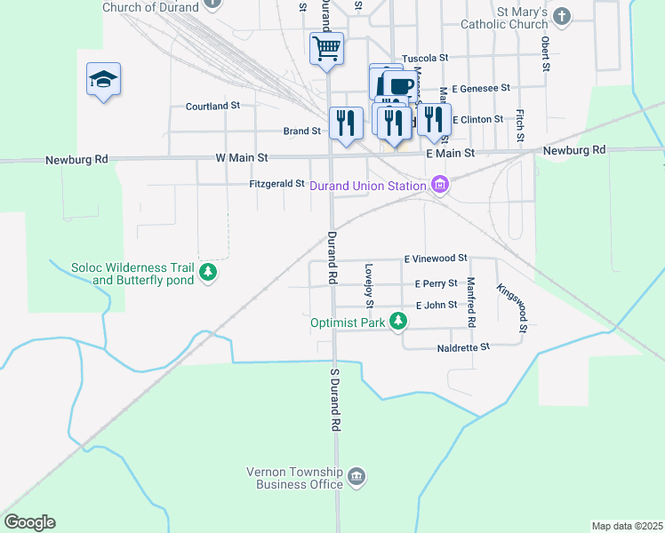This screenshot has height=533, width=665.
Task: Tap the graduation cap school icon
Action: coord(104,80)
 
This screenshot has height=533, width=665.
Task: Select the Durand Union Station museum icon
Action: coord(438,185)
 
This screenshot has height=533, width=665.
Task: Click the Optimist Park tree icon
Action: coord(401,322)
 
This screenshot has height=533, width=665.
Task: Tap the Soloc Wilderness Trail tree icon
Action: coord(208,272)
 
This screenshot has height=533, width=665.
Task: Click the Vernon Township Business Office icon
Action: coord(356,478)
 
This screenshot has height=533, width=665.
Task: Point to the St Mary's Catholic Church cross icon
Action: coord(562,16)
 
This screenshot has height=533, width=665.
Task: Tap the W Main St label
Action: coord(242,157)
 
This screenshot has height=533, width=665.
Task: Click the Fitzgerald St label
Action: coord(276,184)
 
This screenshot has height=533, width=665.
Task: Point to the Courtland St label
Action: coord(212,106)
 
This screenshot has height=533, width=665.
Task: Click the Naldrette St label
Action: coord(463,347)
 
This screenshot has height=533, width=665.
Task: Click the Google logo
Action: coord(29,522)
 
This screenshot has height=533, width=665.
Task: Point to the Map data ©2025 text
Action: coord(627,526)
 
